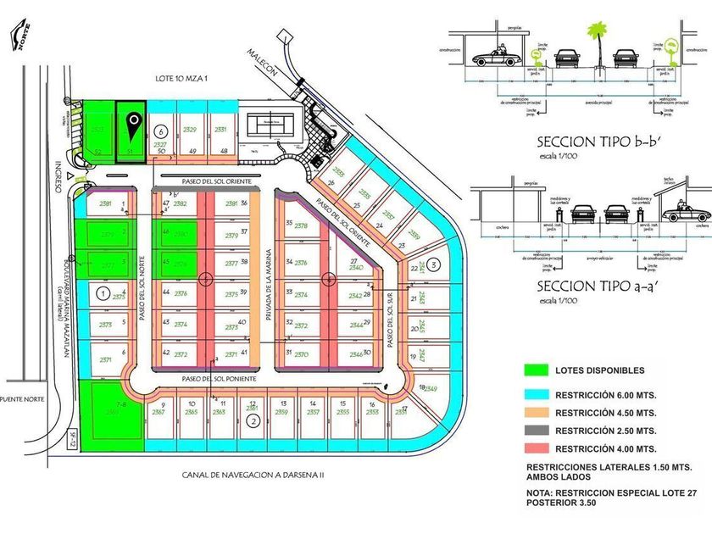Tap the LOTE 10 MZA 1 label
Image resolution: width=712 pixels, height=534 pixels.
(181, 77)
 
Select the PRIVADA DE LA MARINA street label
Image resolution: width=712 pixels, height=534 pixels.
(268, 284)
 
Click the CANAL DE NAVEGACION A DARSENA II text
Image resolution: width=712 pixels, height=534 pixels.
(253, 475)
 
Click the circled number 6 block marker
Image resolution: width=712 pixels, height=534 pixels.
(161, 132)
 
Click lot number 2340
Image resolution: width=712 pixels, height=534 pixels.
(356, 268)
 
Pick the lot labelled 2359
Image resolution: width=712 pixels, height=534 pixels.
(282, 412)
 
